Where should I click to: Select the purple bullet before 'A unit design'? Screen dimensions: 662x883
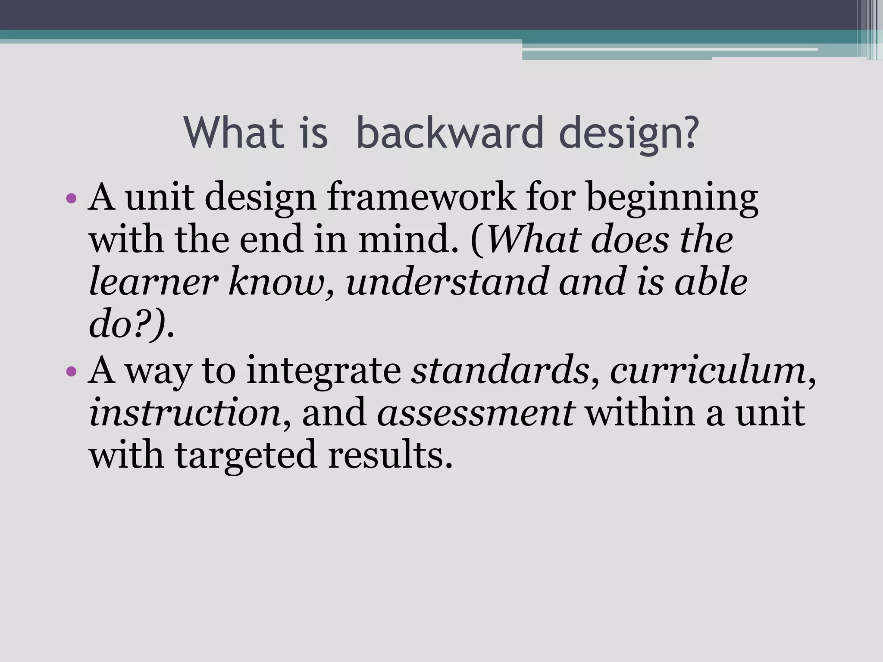tap(72, 199)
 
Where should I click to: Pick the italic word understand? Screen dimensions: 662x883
tap(447, 282)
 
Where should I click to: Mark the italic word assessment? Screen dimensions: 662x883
tap(476, 413)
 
